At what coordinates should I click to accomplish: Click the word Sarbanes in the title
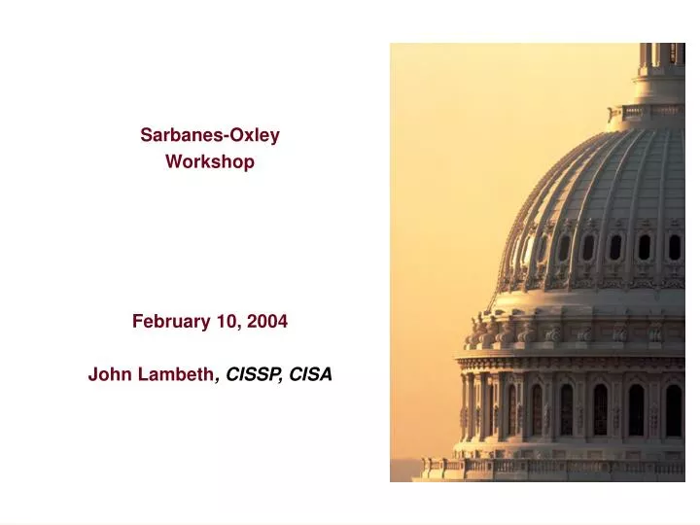click(x=178, y=136)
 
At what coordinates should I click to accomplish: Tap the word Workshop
click(x=210, y=162)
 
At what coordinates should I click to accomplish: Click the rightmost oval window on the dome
click(x=674, y=247)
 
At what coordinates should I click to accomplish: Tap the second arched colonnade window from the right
click(x=636, y=409)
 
